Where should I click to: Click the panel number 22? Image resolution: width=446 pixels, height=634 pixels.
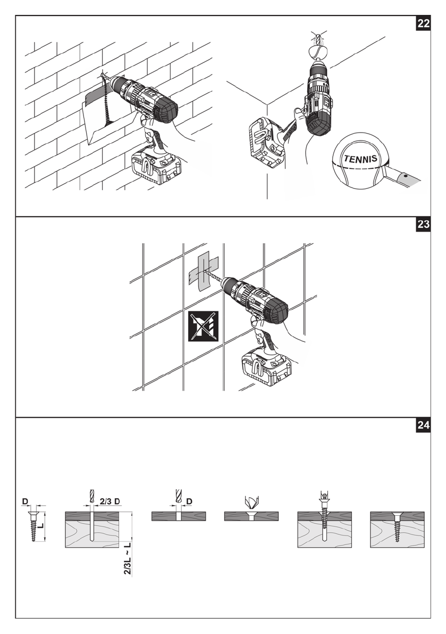point(423,24)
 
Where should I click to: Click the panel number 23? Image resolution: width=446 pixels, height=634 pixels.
point(423,225)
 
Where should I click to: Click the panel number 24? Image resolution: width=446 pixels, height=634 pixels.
point(423,425)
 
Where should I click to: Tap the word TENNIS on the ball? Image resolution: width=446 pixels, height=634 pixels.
point(361,159)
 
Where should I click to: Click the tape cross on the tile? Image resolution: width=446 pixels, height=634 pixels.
point(203,273)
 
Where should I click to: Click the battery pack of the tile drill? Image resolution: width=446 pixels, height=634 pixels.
point(265,368)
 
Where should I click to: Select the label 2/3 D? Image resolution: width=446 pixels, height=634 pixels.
point(110,501)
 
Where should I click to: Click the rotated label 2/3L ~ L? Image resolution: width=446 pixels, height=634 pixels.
point(127,557)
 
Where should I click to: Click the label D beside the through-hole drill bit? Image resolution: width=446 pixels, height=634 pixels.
point(189,501)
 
